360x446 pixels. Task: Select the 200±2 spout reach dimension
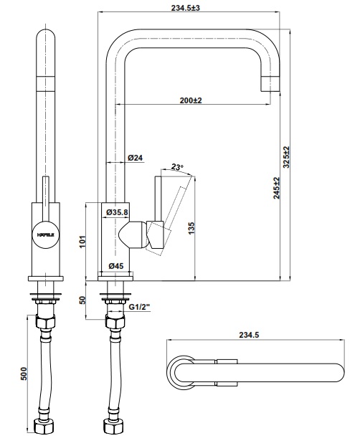190,100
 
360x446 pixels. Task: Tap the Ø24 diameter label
135,157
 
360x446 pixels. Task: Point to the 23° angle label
177,167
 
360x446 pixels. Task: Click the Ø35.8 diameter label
117,212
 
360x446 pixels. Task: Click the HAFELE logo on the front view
44,234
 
